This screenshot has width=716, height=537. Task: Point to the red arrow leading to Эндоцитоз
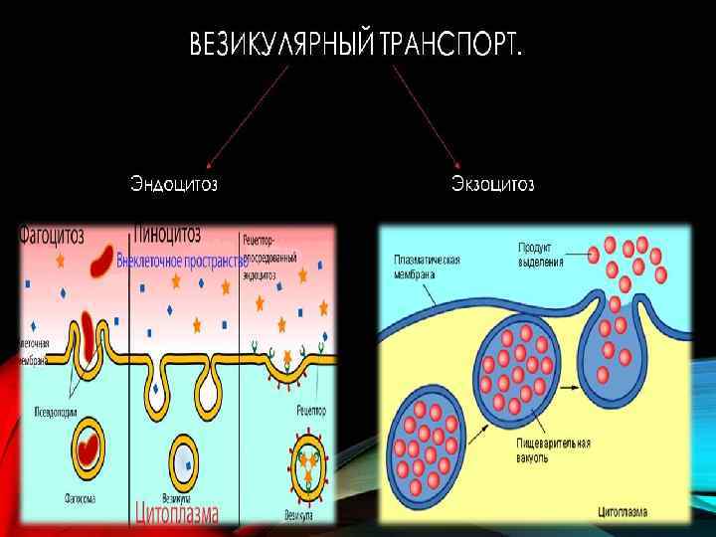point(245,114)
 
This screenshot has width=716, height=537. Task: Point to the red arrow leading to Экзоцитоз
point(428,114)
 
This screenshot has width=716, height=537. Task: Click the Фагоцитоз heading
point(51,235)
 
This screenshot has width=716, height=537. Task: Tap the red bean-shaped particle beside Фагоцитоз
point(102,261)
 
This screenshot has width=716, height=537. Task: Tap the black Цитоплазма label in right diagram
point(625,513)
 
